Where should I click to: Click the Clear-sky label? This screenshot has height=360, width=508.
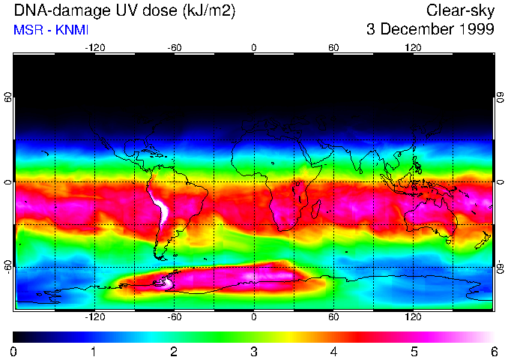(x=460, y=11)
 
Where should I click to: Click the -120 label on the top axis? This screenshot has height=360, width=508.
(x=94, y=47)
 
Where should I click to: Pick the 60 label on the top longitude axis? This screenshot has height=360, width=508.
(x=333, y=47)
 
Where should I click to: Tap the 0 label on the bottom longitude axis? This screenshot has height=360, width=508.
(x=254, y=317)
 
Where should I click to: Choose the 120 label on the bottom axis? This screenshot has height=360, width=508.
(x=413, y=317)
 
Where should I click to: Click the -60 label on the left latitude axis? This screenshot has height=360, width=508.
(x=7, y=266)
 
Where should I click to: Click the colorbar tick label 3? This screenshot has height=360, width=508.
(x=254, y=351)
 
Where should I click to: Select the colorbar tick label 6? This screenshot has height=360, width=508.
(x=494, y=351)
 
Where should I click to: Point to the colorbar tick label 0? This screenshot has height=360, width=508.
(x=14, y=351)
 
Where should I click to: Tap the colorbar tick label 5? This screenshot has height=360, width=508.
(x=414, y=351)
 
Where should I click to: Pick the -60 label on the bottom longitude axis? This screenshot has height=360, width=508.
(x=174, y=317)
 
